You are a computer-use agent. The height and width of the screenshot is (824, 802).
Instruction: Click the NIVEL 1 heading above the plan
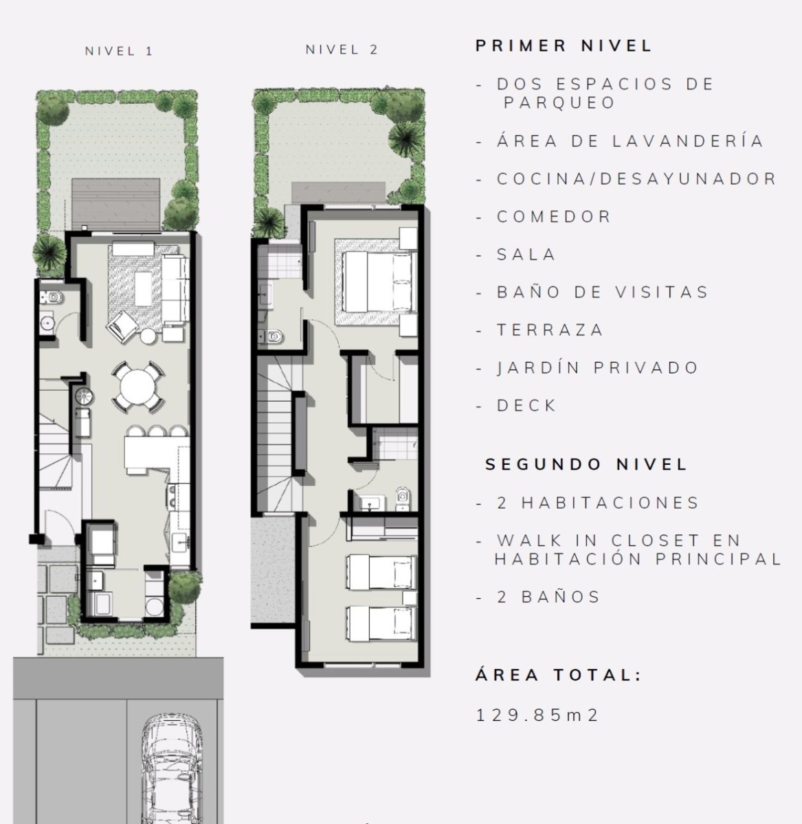(119, 51)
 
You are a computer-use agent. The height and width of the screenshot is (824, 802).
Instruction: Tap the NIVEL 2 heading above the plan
(342, 50)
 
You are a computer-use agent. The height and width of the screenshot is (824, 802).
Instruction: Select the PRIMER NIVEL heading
(564, 46)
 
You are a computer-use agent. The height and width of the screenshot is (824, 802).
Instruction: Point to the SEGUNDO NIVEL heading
(586, 464)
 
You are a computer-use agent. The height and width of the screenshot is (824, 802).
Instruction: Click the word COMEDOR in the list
(554, 217)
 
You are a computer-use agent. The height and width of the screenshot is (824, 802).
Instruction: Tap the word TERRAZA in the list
(550, 330)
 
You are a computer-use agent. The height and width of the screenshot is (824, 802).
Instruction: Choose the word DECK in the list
(526, 405)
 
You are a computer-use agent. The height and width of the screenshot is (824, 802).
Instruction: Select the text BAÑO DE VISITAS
(602, 292)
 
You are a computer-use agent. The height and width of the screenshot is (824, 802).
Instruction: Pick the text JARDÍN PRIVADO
(597, 367)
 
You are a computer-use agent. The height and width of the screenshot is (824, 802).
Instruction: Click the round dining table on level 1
(137, 387)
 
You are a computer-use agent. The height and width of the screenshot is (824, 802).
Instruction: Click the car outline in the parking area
(172, 768)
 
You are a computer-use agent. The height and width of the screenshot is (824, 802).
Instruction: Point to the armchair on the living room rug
(122, 326)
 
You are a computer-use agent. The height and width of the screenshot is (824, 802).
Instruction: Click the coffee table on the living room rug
(143, 288)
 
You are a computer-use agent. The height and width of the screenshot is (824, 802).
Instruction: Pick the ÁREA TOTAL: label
(558, 675)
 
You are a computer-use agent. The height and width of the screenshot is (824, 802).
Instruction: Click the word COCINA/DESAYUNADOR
(636, 179)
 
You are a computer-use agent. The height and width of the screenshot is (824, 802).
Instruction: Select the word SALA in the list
(526, 255)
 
